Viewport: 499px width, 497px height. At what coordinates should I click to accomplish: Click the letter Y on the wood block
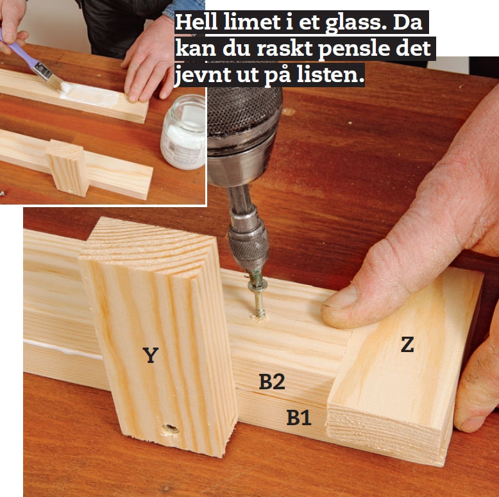(x=150, y=355)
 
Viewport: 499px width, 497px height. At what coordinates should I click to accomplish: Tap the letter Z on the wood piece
(x=407, y=345)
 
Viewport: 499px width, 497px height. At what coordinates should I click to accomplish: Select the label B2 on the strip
(x=272, y=382)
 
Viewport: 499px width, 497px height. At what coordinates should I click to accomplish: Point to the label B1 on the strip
(x=299, y=418)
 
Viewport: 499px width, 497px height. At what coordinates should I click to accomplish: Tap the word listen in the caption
(x=334, y=76)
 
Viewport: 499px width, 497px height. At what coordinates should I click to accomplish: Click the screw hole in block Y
(x=169, y=428)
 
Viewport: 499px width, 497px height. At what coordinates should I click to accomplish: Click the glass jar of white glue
(x=183, y=131)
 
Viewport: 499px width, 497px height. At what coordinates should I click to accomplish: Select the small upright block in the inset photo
(x=68, y=168)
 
